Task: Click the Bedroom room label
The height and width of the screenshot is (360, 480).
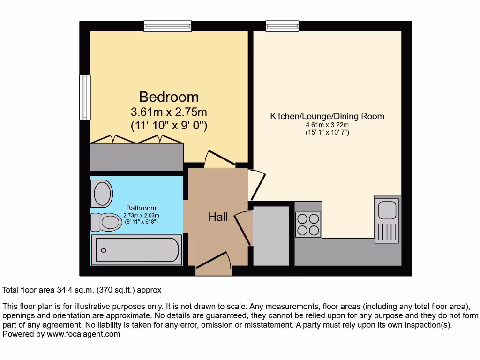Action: pos(169,97)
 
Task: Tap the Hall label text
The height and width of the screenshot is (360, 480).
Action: pos(218,217)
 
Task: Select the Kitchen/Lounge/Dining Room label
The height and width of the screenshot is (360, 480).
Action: pos(327,116)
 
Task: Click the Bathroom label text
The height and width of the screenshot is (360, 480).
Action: pos(141,208)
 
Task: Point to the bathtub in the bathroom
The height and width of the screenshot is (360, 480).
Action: pos(137,250)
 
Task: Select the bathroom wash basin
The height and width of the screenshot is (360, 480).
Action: pos(103,194)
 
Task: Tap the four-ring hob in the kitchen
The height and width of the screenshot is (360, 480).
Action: pos(308,224)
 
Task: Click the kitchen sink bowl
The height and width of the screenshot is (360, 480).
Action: pos(387,209)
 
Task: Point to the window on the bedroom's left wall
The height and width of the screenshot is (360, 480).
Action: pos(84,97)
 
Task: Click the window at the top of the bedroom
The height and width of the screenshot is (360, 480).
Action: pos(168,26)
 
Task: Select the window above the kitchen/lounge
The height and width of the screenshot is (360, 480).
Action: pos(282,26)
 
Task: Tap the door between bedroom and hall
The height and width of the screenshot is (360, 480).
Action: pos(220,159)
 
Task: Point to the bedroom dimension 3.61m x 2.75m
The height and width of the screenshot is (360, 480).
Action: pos(169,112)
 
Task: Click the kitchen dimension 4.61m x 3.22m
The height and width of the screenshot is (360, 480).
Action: pos(327,125)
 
